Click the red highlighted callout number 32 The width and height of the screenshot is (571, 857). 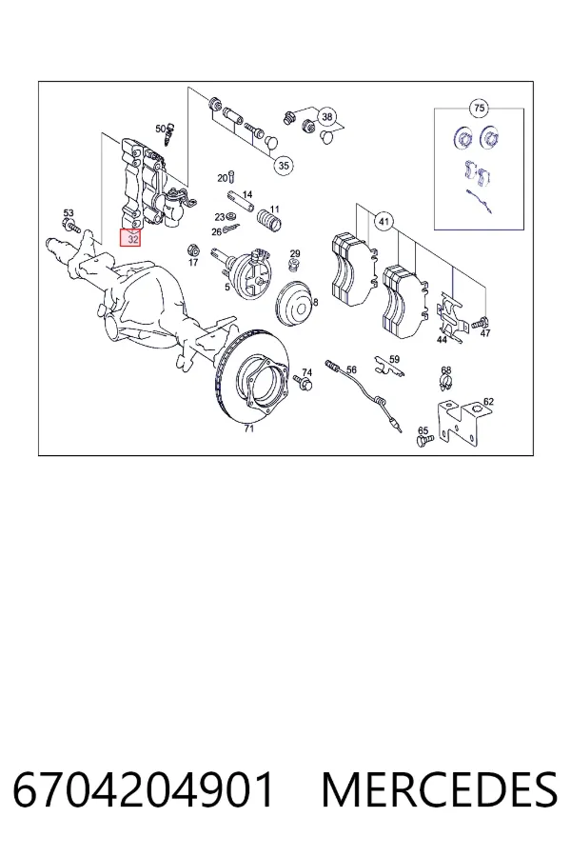point(131,238)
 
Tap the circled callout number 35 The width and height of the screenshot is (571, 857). point(283,165)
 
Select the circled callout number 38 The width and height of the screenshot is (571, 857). point(326,116)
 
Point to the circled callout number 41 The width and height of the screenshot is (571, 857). point(384,221)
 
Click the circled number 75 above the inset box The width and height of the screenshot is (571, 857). point(480,109)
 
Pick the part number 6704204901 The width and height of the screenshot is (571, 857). point(143,789)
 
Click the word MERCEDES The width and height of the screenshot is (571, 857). point(440,789)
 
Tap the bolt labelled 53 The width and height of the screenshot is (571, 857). point(71,225)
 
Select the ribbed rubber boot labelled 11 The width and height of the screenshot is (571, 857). point(268,220)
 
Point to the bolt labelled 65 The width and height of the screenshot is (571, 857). point(424,440)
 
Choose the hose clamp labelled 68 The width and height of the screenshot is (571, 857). point(446,385)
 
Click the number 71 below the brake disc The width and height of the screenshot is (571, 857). point(249,428)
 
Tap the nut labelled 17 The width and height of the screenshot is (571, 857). point(192,250)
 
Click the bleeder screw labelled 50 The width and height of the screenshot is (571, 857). point(170,134)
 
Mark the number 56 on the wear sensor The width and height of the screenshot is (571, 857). point(351,370)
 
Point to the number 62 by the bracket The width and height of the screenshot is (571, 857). point(488,402)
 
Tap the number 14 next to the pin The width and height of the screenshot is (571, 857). point(247,194)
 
